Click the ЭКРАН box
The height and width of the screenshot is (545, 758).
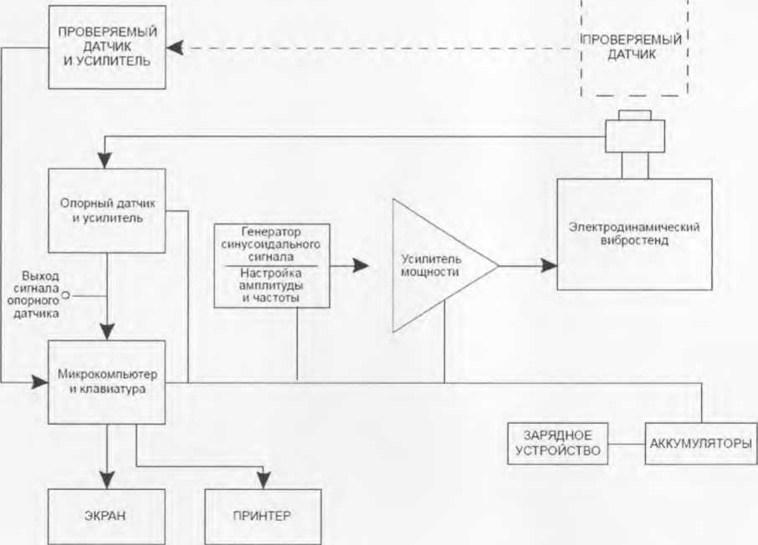coord(106,517)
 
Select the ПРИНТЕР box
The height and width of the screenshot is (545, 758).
coord(263,517)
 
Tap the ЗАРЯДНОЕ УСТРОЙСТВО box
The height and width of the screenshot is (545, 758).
coord(557,444)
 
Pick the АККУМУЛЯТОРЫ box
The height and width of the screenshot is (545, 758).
coord(701,444)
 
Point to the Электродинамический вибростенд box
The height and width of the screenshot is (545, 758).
coord(634,234)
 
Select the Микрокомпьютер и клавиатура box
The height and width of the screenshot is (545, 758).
coord(106,382)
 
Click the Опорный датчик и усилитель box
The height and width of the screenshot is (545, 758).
coord(106,211)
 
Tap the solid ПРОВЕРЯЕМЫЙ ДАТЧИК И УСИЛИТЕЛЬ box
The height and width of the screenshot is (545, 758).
coord(107,47)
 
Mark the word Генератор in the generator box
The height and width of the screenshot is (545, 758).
coord(271,232)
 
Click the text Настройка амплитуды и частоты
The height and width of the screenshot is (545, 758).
coord(271,286)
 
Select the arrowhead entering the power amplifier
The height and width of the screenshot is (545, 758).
coord(361,265)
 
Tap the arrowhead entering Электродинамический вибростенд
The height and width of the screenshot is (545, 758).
coord(549,265)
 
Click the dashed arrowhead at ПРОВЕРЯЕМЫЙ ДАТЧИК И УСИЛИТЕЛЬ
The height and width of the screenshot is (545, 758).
coord(175,48)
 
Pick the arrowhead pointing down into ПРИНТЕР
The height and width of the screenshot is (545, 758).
coord(264,481)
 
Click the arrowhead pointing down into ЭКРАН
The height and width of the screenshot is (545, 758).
coord(107,481)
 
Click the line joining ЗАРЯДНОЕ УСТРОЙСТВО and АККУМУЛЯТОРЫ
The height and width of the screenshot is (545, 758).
coord(627,444)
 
